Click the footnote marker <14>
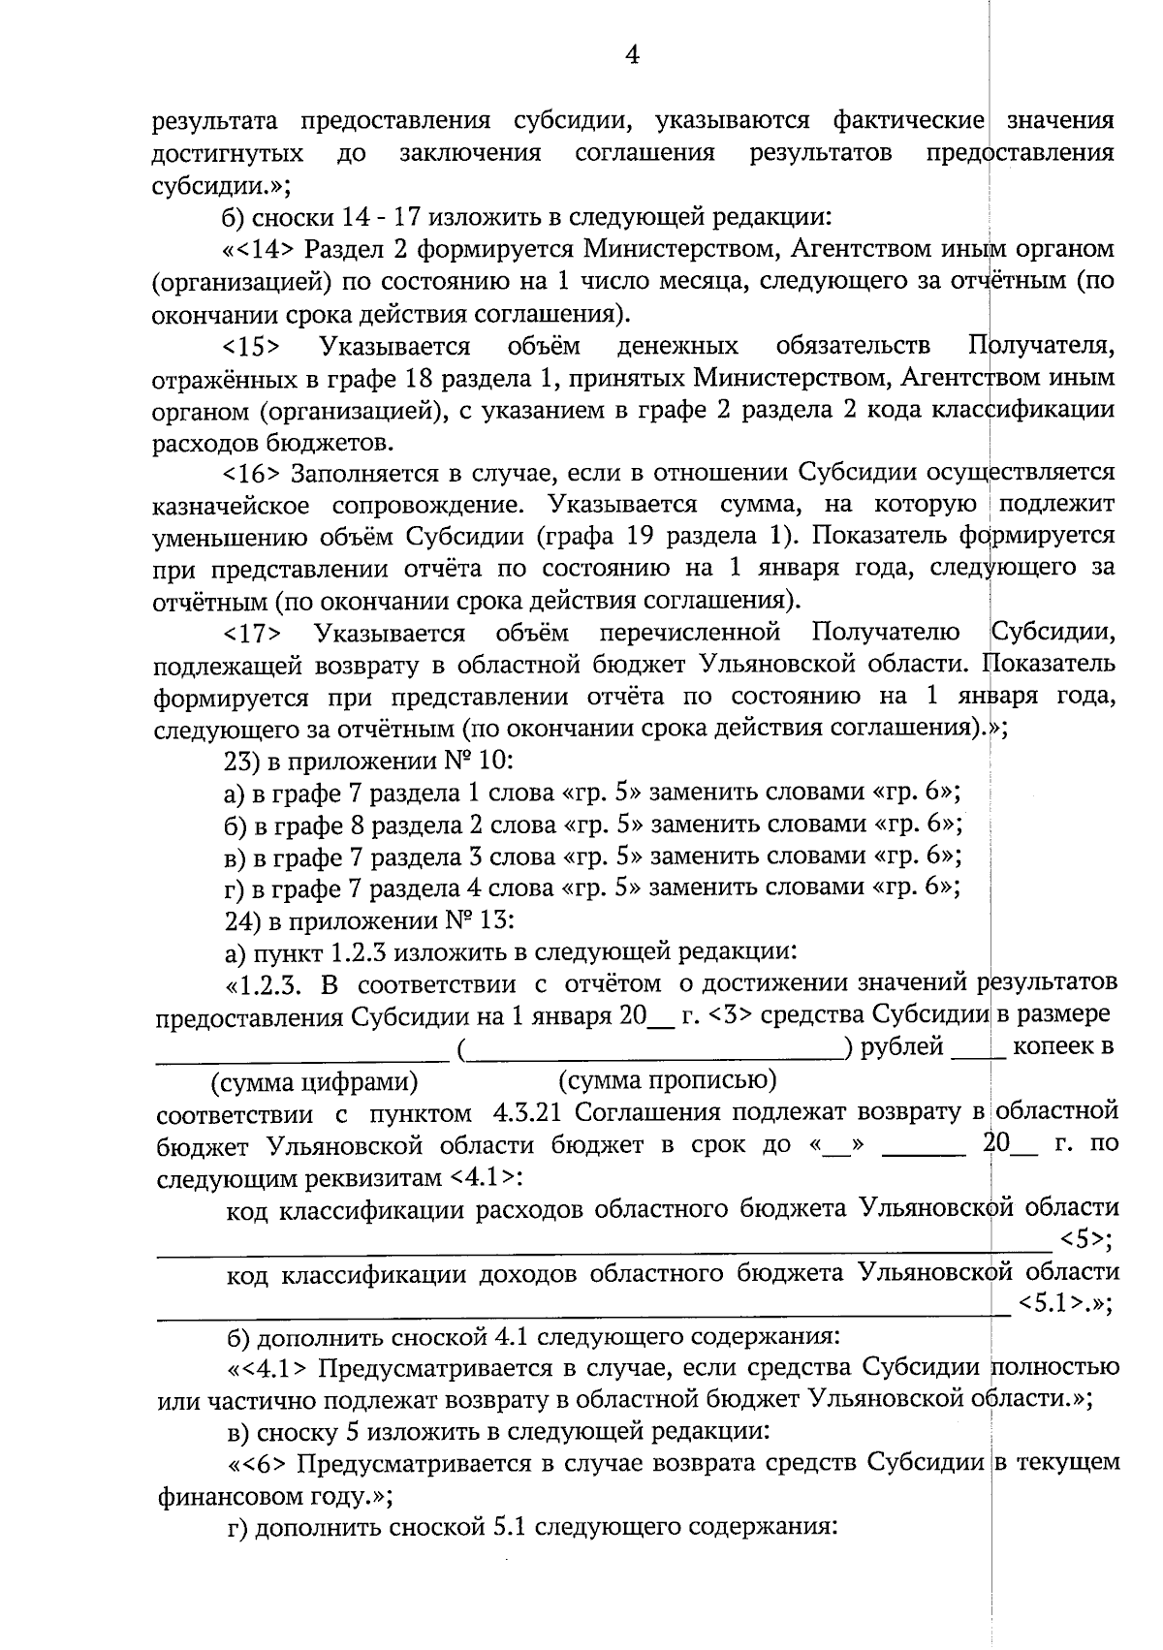pos(264,249)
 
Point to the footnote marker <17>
pos(253,634)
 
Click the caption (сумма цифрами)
pos(315,1080)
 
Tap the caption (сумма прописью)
pos(668,1078)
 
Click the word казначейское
pos(233,506)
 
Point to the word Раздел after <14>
pos(340,249)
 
